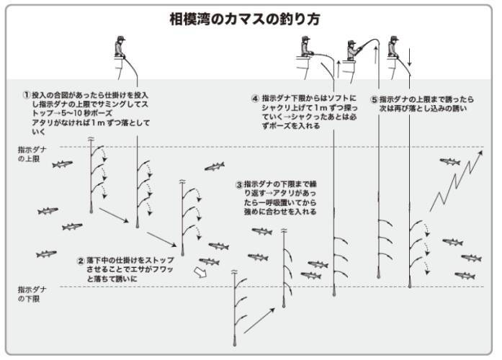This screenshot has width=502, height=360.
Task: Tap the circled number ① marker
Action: [x=27, y=94]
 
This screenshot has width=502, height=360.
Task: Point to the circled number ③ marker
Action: [x=238, y=184]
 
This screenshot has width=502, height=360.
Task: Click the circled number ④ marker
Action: [x=255, y=98]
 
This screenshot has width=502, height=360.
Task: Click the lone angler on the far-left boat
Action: [x=120, y=50]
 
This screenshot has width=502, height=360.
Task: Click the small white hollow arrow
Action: [x=200, y=272]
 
